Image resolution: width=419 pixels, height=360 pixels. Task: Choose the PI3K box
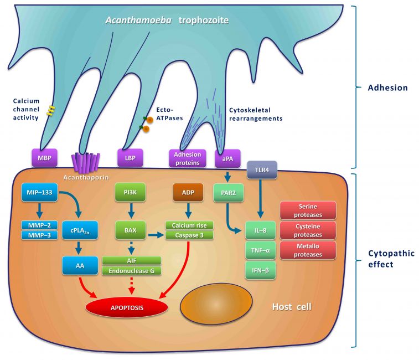pyautogui.click(x=131, y=194)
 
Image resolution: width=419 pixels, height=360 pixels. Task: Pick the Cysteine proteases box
pyautogui.click(x=308, y=230)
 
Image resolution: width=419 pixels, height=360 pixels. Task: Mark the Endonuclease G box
pyautogui.click(x=132, y=270)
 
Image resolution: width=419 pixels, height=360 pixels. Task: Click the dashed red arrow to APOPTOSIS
pyautogui.click(x=131, y=284)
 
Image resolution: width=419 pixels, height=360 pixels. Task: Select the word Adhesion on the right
pyautogui.click(x=387, y=88)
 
